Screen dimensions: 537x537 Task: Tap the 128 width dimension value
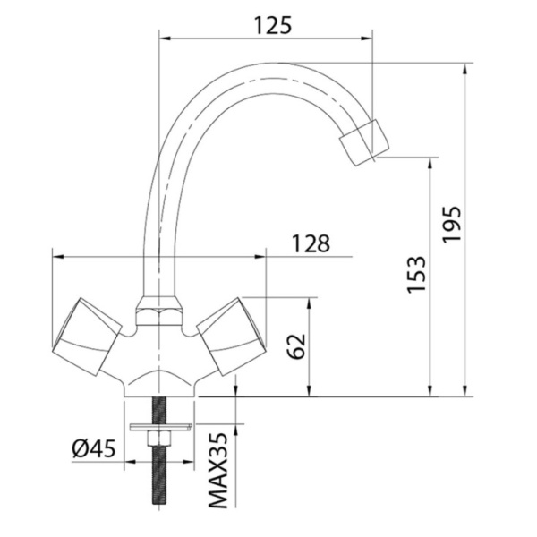click(x=310, y=243)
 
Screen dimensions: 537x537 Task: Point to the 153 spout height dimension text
click(x=414, y=275)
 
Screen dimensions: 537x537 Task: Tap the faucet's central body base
click(x=161, y=376)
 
